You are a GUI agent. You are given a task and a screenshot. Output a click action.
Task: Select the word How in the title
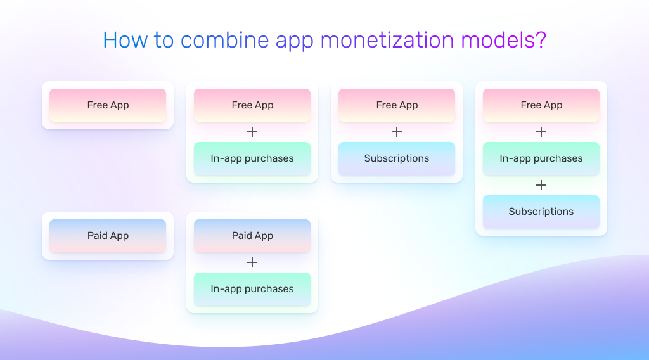tap(120, 40)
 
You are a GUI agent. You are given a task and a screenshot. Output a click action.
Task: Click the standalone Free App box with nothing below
tap(108, 105)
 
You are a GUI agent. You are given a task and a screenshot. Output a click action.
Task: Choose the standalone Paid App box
tap(108, 236)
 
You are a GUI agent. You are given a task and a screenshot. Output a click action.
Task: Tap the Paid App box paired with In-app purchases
tap(252, 236)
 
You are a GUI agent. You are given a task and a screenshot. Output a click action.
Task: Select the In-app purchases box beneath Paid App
tap(252, 289)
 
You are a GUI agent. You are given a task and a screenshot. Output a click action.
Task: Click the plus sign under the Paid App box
tap(252, 262)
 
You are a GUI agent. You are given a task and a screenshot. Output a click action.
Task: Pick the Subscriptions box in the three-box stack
tap(541, 212)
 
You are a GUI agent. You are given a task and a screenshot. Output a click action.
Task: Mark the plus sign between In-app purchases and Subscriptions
tap(541, 185)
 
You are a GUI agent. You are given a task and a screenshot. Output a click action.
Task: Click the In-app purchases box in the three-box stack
tap(541, 158)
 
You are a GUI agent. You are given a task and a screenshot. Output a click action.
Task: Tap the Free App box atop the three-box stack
tap(541, 105)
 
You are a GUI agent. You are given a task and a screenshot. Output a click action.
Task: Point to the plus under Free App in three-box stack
tap(541, 132)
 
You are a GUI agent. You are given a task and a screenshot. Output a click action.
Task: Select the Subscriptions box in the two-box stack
tap(397, 158)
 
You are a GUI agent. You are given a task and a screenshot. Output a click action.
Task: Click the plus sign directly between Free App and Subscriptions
tap(397, 132)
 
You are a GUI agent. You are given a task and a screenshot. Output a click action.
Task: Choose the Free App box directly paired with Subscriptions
tap(397, 105)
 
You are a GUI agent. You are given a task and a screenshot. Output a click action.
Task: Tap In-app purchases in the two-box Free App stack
tap(252, 158)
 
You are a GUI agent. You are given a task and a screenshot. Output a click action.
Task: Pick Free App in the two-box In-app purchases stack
tap(252, 105)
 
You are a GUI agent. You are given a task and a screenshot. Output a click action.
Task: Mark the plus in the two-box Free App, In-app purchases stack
tap(252, 132)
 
